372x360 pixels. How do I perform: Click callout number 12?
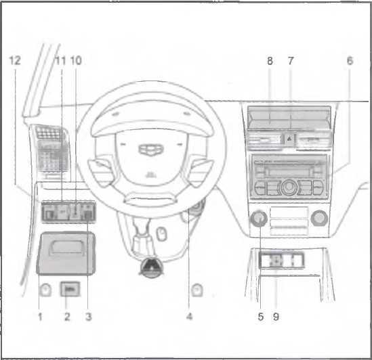15,60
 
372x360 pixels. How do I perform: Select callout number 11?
60,60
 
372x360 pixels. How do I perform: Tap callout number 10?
76,60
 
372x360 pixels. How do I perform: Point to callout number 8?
270,61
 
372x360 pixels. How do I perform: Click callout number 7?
291,61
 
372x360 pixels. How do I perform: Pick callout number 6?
350,61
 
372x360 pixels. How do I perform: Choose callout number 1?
40,317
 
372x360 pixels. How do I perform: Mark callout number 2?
67,317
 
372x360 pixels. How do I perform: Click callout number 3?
89,317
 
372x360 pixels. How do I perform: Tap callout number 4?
189,317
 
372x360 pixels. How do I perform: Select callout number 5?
261,317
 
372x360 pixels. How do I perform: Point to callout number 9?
276,317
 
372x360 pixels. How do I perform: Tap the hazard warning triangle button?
289,139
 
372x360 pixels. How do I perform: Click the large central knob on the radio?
289,187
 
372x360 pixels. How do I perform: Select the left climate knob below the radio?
259,218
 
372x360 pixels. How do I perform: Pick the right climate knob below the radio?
319,218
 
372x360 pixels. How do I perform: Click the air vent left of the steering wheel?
51,149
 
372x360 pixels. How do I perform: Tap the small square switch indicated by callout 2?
70,289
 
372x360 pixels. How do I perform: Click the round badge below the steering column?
151,267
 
